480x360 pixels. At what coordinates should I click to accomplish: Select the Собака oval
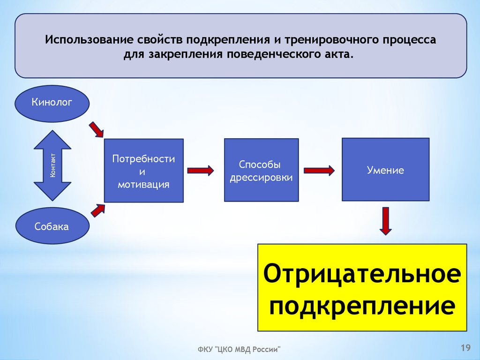52,226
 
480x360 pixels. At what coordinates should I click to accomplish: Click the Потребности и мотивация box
143,171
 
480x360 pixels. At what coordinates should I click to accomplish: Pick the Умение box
385,170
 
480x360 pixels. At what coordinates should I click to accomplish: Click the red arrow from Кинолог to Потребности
96,129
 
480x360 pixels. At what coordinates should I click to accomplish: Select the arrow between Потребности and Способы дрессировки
200,171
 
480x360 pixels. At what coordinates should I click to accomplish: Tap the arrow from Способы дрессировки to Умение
319,171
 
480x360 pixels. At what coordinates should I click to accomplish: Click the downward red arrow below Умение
385,220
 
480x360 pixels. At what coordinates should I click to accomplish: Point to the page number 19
465,347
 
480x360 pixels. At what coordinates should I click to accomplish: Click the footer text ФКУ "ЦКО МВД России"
239,349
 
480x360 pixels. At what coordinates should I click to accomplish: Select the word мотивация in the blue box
143,184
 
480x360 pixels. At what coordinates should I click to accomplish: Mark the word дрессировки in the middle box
261,178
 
